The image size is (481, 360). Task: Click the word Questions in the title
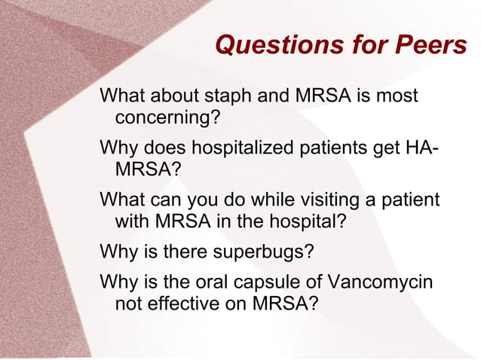coord(271,46)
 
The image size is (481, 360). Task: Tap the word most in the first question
coord(397,97)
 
